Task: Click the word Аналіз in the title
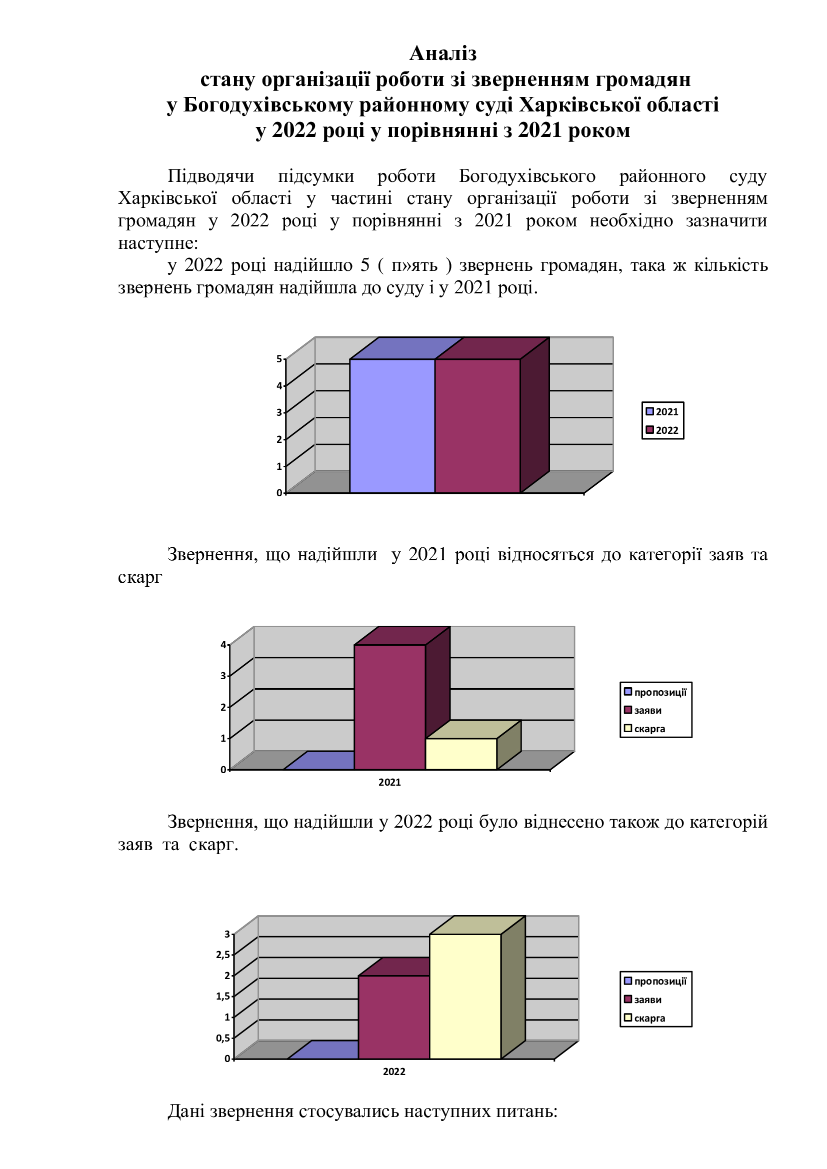(x=442, y=53)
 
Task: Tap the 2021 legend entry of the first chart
(x=662, y=412)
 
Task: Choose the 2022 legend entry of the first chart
(x=662, y=430)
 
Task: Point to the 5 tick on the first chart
(x=279, y=359)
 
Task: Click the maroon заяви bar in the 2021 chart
(x=389, y=707)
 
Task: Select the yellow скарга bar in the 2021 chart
(x=461, y=754)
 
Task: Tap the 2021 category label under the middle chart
(x=389, y=783)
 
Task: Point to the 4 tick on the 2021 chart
(x=223, y=645)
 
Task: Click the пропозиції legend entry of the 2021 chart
(x=655, y=692)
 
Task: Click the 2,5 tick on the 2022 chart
(x=222, y=955)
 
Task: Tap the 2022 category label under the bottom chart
(x=393, y=1072)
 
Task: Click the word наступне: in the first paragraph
(x=158, y=243)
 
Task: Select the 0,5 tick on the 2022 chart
(x=222, y=1038)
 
